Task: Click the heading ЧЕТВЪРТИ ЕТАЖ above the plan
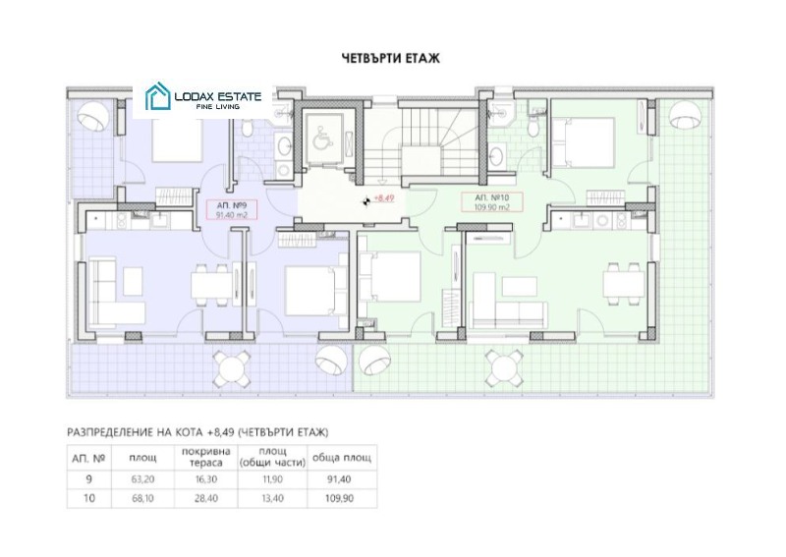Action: [390, 58]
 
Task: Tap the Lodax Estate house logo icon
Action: [157, 96]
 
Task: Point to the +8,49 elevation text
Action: [384, 198]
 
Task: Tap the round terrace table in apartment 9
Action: [232, 368]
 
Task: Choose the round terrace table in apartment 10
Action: [504, 368]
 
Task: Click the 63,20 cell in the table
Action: [142, 479]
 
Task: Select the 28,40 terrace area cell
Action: [206, 498]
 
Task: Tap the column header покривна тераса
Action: [206, 457]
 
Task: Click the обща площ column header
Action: [342, 458]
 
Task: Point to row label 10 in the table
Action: [88, 498]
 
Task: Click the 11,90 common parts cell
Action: [273, 479]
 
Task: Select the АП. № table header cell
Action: [88, 458]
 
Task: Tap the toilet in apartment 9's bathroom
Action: [248, 129]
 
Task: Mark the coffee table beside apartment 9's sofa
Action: [133, 281]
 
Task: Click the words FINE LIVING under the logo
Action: [217, 107]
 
